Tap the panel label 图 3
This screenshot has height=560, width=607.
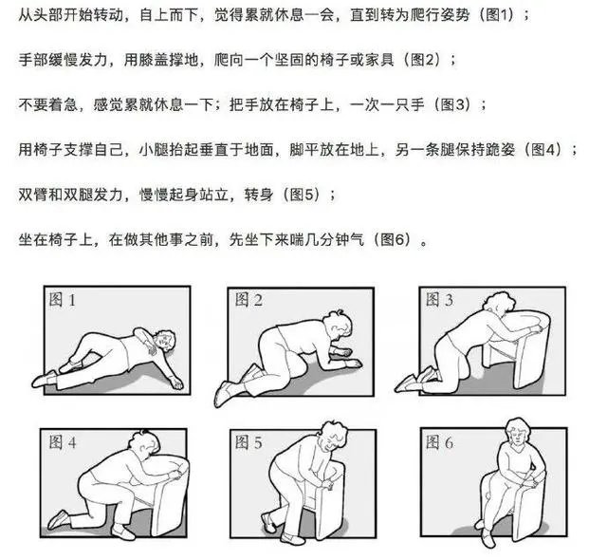439,300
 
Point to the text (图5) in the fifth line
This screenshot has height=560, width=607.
303,194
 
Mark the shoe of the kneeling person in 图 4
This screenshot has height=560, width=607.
58,520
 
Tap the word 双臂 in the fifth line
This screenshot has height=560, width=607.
32,194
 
